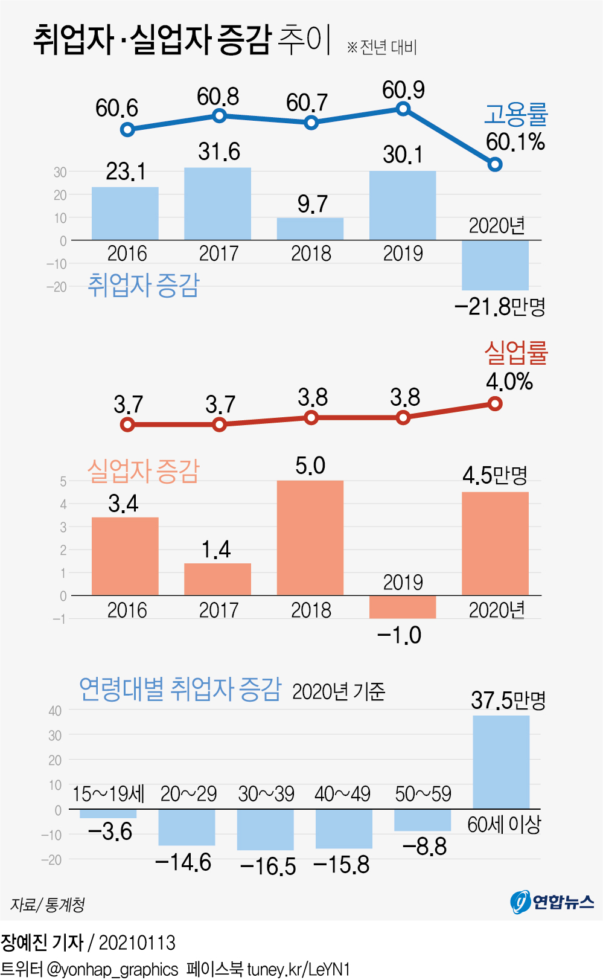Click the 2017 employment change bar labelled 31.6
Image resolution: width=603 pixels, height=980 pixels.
217,203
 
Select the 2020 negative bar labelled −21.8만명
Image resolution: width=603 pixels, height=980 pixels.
495,265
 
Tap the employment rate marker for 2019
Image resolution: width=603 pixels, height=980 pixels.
403,109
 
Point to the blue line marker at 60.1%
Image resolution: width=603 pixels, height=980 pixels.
495,164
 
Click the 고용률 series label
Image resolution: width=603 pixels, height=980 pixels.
515,114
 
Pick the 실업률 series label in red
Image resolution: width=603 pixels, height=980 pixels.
515,353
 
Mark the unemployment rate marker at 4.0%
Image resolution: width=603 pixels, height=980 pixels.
495,403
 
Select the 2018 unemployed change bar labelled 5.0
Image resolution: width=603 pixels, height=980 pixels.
310,537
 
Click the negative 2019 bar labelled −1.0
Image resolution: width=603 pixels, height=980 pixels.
403,607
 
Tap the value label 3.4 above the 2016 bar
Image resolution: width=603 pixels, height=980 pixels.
124,504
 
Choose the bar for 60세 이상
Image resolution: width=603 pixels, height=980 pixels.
501,762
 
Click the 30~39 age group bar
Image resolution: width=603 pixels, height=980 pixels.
266,830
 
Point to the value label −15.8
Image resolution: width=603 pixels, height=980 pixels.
342,865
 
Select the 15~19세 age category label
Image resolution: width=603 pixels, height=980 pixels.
109,794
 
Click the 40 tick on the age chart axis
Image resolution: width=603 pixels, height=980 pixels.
55,711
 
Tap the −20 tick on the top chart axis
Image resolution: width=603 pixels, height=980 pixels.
57,287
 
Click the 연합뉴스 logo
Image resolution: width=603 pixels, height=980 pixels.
552,902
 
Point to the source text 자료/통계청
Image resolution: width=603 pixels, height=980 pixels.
48,905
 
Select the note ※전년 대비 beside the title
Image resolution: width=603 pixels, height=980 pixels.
382,47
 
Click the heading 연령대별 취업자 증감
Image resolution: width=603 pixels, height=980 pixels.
180,689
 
